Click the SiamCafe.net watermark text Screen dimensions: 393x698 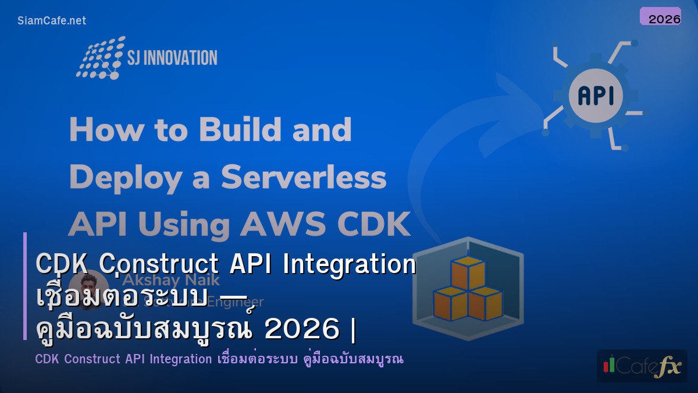(x=52, y=20)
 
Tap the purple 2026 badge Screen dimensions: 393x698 (x=660, y=16)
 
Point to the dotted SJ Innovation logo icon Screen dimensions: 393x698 (x=99, y=58)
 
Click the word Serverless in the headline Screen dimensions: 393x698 (x=304, y=177)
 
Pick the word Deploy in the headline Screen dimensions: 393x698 (x=123, y=177)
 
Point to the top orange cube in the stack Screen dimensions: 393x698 (x=468, y=271)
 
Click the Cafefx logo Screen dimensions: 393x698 (x=642, y=366)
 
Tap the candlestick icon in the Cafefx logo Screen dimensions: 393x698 (x=609, y=364)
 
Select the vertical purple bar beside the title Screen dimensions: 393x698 (x=25, y=286)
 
